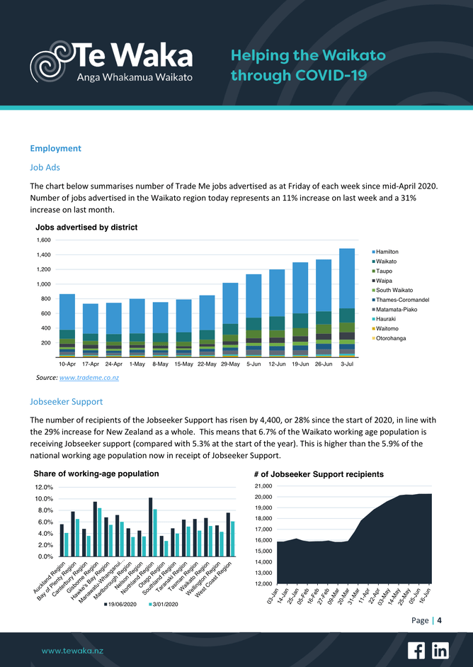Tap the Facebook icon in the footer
(x=416, y=650)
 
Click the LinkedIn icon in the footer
(x=440, y=650)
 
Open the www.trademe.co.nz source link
(x=89, y=378)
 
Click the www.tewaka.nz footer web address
(x=73, y=650)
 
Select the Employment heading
(x=55, y=148)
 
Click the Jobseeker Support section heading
(x=67, y=401)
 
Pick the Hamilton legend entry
(x=387, y=252)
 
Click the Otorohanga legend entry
(x=390, y=338)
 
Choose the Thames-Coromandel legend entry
(x=402, y=300)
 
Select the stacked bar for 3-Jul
(x=347, y=301)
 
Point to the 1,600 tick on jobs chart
(x=43, y=240)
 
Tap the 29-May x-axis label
(x=230, y=364)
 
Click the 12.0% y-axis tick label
(x=43, y=488)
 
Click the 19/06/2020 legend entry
(x=126, y=604)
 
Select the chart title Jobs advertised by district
(x=86, y=228)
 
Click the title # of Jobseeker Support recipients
(x=319, y=474)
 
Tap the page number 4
(x=440, y=621)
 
